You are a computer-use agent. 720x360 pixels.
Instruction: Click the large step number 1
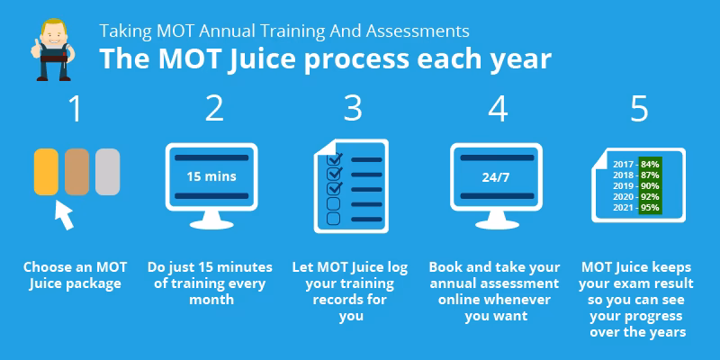click(x=75, y=110)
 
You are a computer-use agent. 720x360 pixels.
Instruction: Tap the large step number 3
click(x=353, y=110)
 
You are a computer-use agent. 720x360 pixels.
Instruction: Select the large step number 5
click(x=639, y=110)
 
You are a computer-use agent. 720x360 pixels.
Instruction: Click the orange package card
click(x=46, y=171)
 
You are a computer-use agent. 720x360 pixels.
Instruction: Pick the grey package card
click(x=108, y=171)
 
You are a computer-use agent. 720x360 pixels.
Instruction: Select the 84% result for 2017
click(x=650, y=165)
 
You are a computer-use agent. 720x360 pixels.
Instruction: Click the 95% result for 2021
click(x=650, y=208)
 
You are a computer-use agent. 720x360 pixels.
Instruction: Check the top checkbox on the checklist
click(x=334, y=159)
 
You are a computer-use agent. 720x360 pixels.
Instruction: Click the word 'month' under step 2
click(x=214, y=300)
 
